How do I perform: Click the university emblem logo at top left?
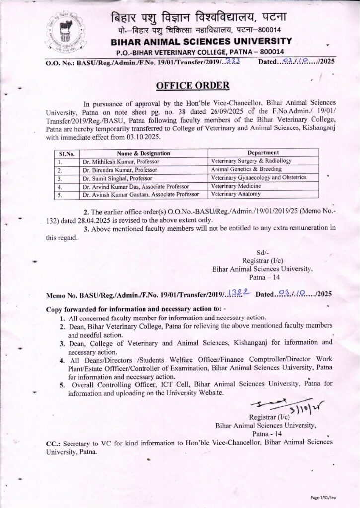tap(65, 33)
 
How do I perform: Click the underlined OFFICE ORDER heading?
tap(193, 85)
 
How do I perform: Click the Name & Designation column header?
tap(144, 153)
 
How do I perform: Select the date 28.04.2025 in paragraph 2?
tap(113, 220)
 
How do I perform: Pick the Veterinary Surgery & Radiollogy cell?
tap(251, 161)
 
